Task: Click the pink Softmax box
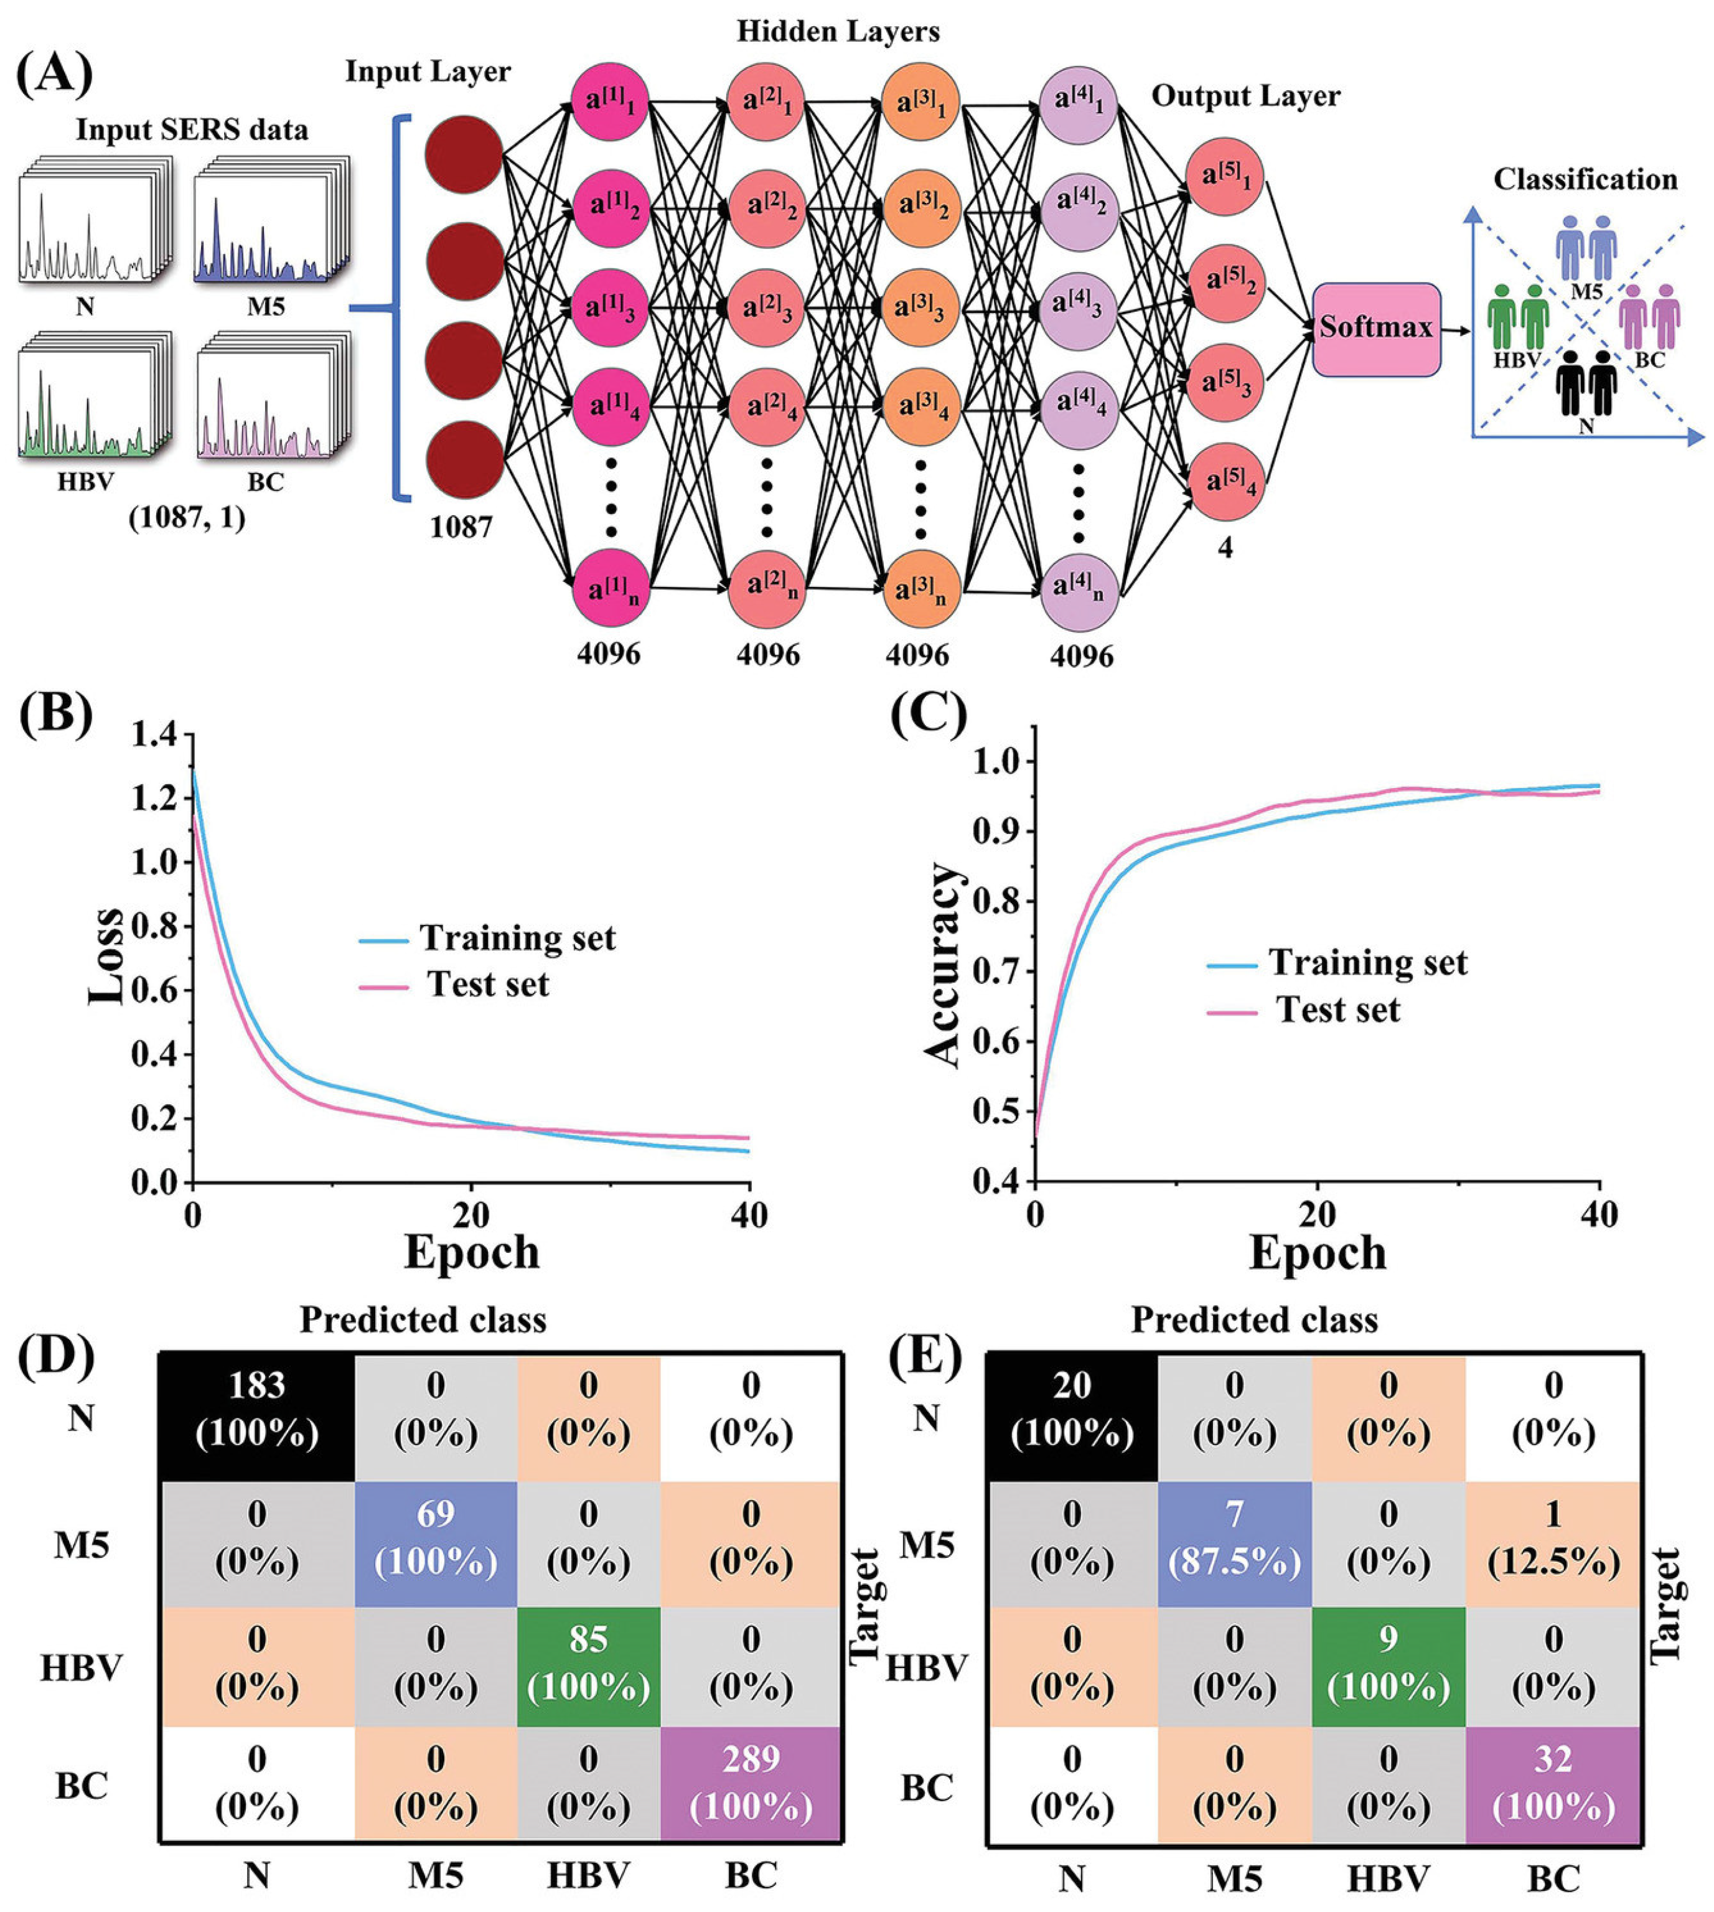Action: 1376,329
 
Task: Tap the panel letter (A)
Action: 55,73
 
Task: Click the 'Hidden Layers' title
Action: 837,31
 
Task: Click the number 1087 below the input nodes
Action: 461,527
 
